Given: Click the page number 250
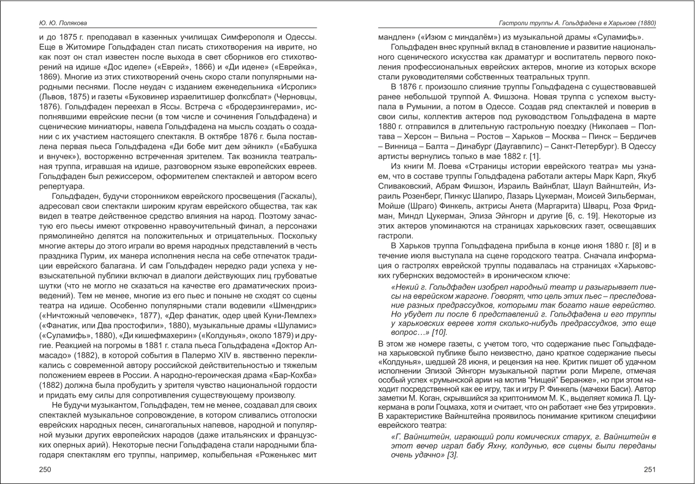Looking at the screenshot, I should [45, 470].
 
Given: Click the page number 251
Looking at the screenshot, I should [650, 470].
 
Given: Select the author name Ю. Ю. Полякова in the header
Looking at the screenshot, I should [63, 23].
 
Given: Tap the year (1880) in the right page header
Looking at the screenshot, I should [646, 23].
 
